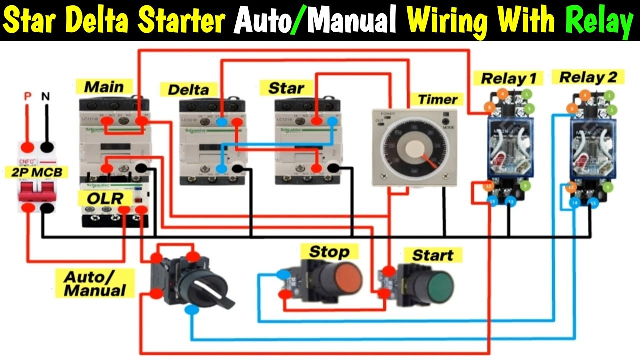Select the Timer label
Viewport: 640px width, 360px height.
[x=437, y=99]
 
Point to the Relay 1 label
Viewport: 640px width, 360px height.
[x=508, y=78]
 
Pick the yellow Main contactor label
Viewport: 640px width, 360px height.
[x=104, y=86]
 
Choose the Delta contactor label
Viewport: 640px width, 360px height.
[x=188, y=90]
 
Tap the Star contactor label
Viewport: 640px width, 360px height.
[x=286, y=88]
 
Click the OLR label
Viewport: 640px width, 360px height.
[x=105, y=198]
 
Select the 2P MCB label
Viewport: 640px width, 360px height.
[x=37, y=173]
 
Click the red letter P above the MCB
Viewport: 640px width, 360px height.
[x=28, y=96]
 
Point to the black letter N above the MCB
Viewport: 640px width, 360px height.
[x=46, y=96]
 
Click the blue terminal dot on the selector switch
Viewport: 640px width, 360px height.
[x=191, y=310]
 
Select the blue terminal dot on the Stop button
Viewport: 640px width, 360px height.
[x=283, y=274]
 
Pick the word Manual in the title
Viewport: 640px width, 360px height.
[x=348, y=21]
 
